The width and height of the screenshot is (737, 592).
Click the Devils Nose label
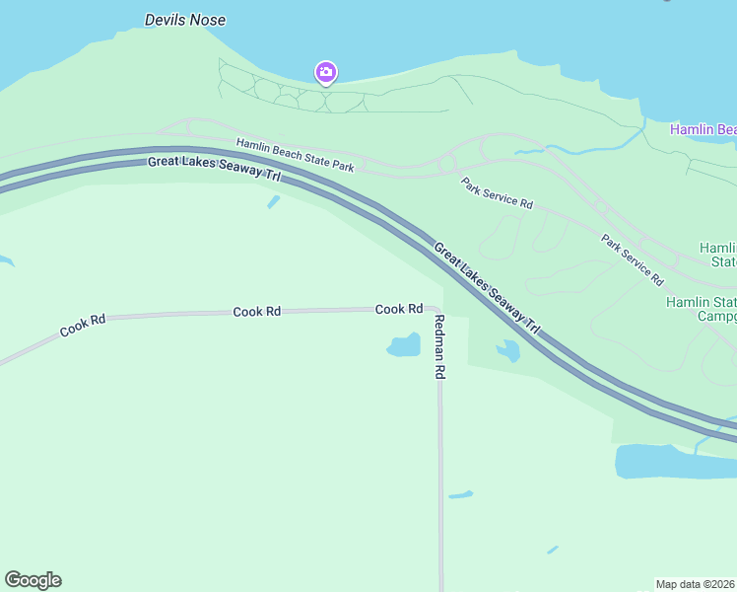tap(185, 20)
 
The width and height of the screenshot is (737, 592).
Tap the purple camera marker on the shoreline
tap(326, 72)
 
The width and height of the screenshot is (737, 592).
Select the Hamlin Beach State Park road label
tap(295, 155)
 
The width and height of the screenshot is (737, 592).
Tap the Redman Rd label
tap(440, 347)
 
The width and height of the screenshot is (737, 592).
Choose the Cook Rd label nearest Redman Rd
tap(399, 309)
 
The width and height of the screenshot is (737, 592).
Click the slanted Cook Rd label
tap(83, 326)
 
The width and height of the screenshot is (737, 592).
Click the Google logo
tap(33, 580)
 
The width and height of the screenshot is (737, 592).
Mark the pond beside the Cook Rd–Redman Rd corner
tap(404, 346)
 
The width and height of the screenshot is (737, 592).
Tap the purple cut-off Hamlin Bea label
tap(703, 129)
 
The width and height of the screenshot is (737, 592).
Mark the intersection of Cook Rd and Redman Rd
tap(436, 310)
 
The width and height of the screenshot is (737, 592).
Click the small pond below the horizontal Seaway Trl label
tap(273, 202)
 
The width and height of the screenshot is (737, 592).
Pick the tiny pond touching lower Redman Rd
tap(460, 494)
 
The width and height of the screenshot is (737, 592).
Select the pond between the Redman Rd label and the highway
tap(507, 350)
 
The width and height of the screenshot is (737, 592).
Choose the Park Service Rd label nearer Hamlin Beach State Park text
tap(498, 192)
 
